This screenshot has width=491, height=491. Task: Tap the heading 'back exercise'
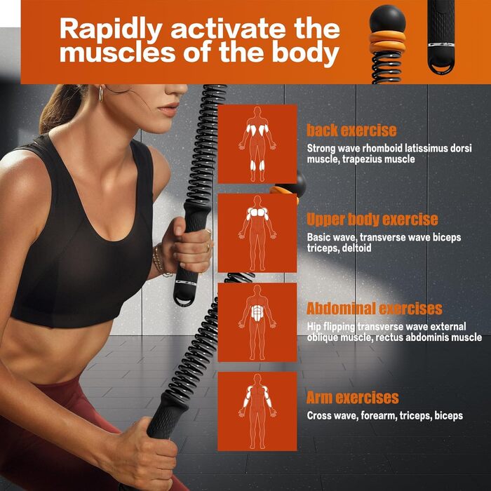point(351,130)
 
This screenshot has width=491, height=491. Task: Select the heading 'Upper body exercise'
point(372,220)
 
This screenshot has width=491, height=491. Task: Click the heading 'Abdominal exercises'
point(374,309)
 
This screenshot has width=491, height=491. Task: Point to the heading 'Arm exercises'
point(353,398)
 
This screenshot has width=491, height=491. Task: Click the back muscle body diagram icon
point(257,144)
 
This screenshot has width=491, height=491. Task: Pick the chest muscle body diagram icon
point(257,233)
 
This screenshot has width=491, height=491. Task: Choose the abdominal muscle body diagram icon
point(257,322)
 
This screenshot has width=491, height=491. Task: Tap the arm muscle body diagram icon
point(257,411)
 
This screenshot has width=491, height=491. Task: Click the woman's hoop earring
point(100,93)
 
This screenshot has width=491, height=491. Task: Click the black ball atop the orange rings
point(387,19)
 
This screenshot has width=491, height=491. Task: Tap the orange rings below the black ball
point(387,41)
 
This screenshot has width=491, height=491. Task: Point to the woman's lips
point(169,109)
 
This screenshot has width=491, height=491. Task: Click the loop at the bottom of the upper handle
point(184,300)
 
